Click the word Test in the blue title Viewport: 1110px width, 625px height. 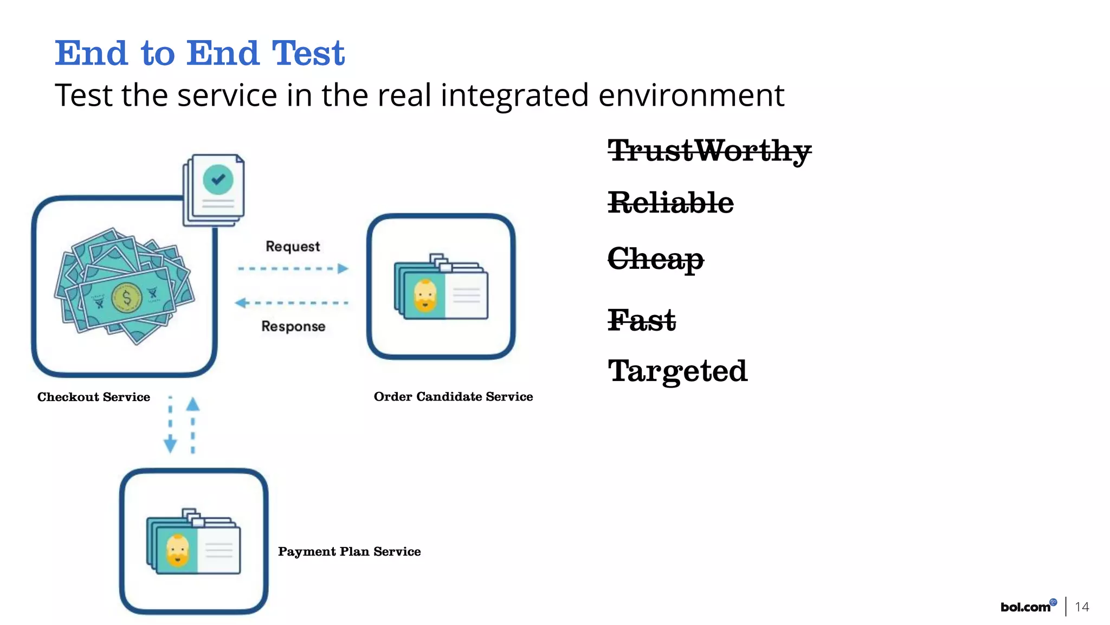[308, 54]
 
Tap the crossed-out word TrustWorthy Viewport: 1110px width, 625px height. [709, 151]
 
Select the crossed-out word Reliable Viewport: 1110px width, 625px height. [670, 203]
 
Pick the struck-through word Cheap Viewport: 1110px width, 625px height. [655, 259]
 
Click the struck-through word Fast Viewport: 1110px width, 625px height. [642, 319]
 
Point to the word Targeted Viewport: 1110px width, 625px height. [677, 371]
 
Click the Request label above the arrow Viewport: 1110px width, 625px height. [293, 247]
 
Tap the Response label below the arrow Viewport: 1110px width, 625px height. [293, 326]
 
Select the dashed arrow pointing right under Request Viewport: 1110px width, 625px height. [293, 268]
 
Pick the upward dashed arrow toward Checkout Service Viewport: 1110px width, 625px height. [193, 426]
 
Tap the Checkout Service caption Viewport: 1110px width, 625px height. [94, 397]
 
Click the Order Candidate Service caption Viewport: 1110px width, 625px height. [453, 397]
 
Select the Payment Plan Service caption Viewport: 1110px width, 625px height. [349, 552]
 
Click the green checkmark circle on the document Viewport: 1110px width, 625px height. [218, 179]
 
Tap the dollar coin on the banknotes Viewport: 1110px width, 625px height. [126, 298]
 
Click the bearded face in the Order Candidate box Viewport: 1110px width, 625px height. [425, 296]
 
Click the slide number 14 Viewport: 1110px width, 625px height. [1082, 607]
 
